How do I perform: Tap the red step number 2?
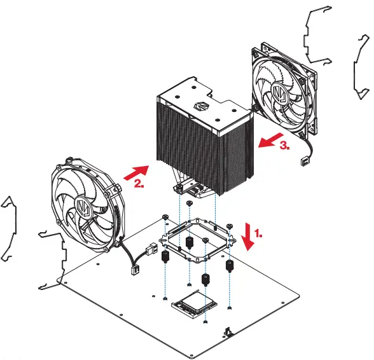[139, 186]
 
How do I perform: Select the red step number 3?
[285, 145]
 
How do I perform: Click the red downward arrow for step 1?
[247, 237]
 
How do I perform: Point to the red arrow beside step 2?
[134, 171]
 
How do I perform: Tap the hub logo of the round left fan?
[83, 207]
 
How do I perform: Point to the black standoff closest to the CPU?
[205, 279]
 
